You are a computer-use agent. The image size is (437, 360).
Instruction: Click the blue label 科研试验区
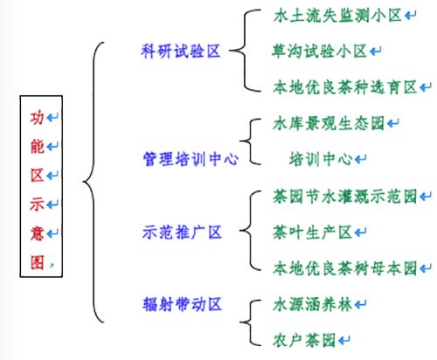(x=181, y=52)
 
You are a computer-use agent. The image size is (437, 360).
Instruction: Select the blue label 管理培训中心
(x=191, y=159)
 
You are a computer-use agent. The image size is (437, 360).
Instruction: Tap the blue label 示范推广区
(x=183, y=232)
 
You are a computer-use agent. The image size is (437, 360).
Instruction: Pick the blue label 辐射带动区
(x=183, y=304)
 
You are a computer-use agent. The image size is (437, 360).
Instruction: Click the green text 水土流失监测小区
(x=337, y=16)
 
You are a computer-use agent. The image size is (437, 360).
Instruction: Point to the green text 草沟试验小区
(x=319, y=52)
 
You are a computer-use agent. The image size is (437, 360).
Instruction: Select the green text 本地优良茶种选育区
(x=345, y=87)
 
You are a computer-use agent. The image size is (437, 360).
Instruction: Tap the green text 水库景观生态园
(x=329, y=123)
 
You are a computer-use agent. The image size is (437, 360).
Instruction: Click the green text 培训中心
(x=321, y=159)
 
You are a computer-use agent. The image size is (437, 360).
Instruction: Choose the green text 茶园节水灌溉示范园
(x=345, y=197)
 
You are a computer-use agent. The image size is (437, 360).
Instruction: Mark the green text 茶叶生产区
(x=312, y=232)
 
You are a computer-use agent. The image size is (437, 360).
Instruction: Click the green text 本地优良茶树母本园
(x=345, y=268)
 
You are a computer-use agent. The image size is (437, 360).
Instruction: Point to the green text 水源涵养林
(x=312, y=304)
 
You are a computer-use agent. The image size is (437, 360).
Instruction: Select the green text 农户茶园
(x=304, y=340)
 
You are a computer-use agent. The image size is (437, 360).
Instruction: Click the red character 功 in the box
(x=38, y=118)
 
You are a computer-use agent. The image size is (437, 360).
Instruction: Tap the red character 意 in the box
(x=38, y=233)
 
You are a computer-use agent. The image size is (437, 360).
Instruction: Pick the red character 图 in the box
(x=38, y=262)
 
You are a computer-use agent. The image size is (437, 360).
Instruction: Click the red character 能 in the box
(x=38, y=146)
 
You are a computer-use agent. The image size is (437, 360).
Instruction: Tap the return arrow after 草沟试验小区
(x=375, y=52)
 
